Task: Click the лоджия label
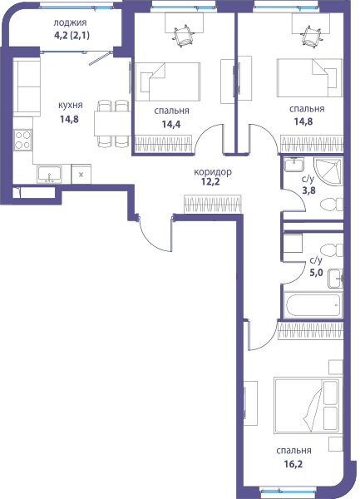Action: click(70, 23)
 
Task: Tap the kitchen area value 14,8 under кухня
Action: click(69, 119)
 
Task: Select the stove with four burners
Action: click(23, 140)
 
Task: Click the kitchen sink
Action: click(49, 175)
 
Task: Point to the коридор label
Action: click(213, 172)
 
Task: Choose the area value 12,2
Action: click(210, 181)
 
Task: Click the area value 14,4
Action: click(171, 124)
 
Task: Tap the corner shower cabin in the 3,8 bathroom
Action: click(328, 171)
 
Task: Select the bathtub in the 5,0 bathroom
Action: click(313, 305)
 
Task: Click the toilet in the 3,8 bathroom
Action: click(332, 204)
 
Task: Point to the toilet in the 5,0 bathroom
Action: click(332, 250)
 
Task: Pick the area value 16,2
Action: click(293, 464)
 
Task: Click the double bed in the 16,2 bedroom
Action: click(308, 406)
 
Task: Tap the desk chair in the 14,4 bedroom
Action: click(183, 37)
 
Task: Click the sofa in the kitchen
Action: click(27, 86)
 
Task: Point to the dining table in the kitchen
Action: click(112, 123)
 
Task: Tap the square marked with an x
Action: click(81, 174)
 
